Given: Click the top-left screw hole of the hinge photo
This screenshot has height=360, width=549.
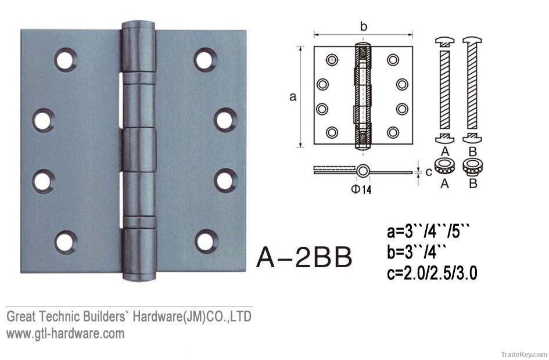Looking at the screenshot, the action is [66, 59].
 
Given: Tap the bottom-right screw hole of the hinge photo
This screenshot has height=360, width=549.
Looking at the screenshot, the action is [206, 242].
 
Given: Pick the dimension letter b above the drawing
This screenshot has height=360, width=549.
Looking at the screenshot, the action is [364, 26].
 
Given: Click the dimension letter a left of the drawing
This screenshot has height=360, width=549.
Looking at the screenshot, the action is [293, 96].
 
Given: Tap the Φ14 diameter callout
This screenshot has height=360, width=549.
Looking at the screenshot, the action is [361, 189].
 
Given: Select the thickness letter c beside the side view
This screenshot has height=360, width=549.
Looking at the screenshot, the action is [429, 172].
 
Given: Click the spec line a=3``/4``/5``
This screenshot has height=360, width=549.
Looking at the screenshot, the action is [428, 232].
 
